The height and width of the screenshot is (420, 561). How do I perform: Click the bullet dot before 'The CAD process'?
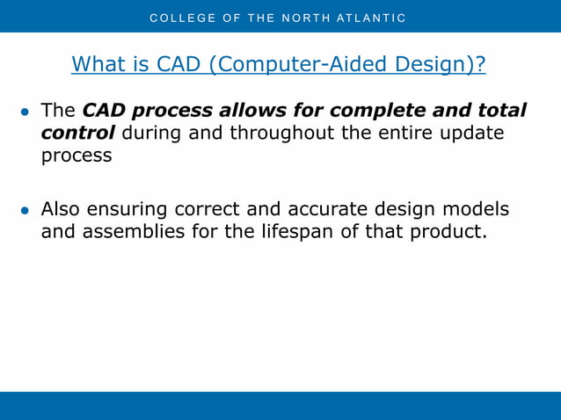coord(25,112)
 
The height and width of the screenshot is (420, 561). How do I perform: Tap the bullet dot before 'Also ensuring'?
coord(25,212)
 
